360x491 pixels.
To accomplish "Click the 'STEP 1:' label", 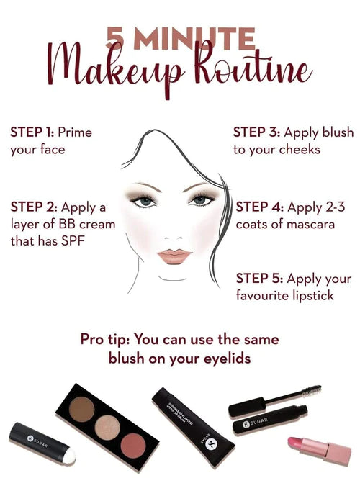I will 31,132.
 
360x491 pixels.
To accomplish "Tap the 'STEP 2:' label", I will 32,208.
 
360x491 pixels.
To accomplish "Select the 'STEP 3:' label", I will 256,132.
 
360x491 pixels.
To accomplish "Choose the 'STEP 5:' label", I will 259,279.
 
